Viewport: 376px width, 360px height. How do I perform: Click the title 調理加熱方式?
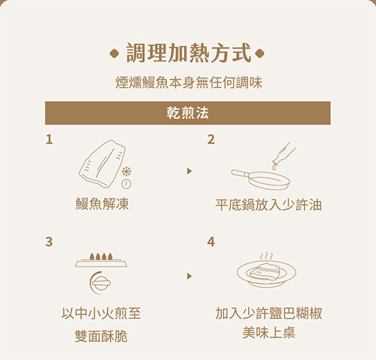[x=189, y=53]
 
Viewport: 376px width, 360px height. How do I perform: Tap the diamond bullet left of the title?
[x=114, y=53]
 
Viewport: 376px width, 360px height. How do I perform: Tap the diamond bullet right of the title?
[x=260, y=53]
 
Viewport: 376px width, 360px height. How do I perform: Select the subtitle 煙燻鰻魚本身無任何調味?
[x=189, y=83]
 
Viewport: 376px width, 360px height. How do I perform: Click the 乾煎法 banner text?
[x=188, y=113]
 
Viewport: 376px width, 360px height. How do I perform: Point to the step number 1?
[x=49, y=140]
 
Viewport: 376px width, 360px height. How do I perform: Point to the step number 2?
[x=211, y=140]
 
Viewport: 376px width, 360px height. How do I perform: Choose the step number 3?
[x=49, y=242]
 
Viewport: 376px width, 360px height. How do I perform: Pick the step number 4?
[x=211, y=242]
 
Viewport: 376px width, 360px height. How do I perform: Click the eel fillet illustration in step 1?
[x=102, y=164]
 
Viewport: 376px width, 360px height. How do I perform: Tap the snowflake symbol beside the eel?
[x=126, y=172]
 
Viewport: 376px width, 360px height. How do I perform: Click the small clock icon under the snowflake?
[x=126, y=184]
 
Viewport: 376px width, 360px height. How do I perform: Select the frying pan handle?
[x=241, y=173]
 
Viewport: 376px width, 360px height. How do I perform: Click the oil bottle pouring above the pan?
[x=284, y=155]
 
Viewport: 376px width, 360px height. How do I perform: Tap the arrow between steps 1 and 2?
[x=189, y=171]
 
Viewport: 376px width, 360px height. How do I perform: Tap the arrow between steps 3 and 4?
[x=189, y=276]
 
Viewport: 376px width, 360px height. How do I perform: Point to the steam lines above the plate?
[x=267, y=256]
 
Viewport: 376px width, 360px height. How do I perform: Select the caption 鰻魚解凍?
[x=102, y=204]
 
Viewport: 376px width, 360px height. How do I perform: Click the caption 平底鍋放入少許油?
[x=269, y=205]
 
